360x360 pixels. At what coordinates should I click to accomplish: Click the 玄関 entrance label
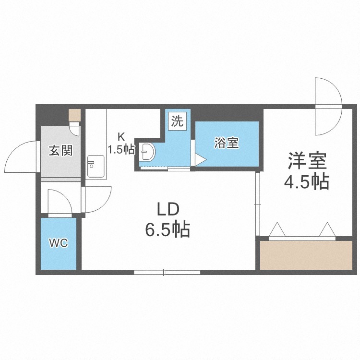click(x=60, y=151)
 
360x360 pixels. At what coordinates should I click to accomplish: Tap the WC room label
click(x=59, y=243)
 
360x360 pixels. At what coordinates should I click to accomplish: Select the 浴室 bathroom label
click(x=227, y=143)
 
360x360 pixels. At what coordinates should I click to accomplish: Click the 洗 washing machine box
click(x=178, y=121)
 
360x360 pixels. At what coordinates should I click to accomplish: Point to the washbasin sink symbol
click(x=147, y=152)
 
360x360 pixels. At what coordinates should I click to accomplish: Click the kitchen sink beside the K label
click(x=96, y=166)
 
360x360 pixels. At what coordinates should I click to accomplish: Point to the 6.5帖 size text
click(x=168, y=229)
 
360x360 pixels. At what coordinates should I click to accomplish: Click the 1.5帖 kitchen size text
click(x=121, y=150)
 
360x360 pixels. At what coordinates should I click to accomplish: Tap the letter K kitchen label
click(x=121, y=137)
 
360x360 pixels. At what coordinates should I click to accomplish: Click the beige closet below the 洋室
click(x=306, y=255)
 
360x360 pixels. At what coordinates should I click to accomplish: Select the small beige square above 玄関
click(x=75, y=115)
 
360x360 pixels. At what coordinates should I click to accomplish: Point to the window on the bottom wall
click(x=167, y=272)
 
